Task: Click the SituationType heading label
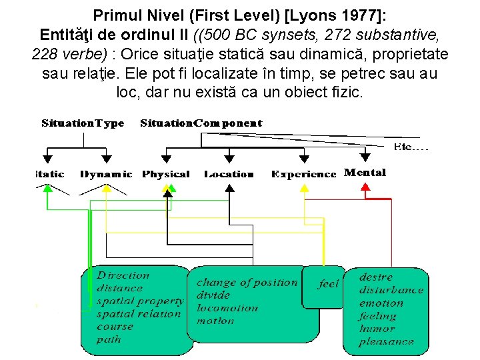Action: tap(83, 123)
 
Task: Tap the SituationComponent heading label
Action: tap(201, 123)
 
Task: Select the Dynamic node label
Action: tap(106, 175)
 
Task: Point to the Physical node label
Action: tap(166, 175)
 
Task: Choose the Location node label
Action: tap(229, 175)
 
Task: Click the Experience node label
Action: tap(303, 175)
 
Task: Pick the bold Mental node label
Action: tap(365, 173)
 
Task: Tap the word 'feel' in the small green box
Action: tap(328, 284)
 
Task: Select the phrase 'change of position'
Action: tap(247, 283)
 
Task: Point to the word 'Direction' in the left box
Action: tap(123, 275)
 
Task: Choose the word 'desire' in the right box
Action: tap(376, 277)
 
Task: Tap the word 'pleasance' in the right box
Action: tap(386, 342)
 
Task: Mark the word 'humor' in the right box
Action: tap(377, 329)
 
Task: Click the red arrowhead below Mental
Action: tap(365, 188)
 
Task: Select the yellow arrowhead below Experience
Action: tap(304, 188)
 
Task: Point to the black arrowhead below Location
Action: tap(229, 188)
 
